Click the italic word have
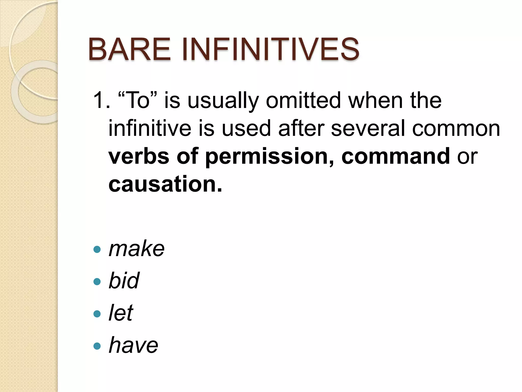click(133, 345)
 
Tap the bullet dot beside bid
click(97, 281)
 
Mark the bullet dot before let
click(97, 314)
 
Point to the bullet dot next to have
click(97, 346)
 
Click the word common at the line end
click(456, 129)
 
